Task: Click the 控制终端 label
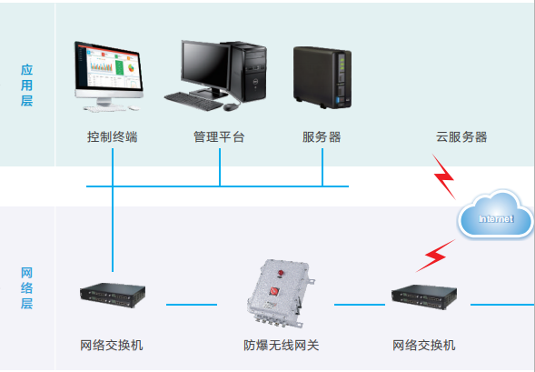tap(113, 137)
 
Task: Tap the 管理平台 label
tap(219, 137)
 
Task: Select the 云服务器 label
tap(461, 137)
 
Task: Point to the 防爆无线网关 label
tap(282, 346)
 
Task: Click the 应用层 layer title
tap(26, 85)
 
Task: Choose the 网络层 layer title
tap(26, 288)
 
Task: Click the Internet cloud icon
tap(495, 215)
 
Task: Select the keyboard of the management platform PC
tap(193, 101)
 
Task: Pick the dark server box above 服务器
tap(322, 77)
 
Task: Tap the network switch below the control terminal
tap(113, 295)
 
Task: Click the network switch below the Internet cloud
tap(424, 297)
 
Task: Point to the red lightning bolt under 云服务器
tap(443, 176)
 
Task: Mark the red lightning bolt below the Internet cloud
tap(435, 256)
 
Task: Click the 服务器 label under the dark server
tap(322, 137)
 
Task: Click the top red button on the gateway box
tap(281, 273)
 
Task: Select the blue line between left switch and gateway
tap(192, 305)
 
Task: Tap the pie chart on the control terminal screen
tap(131, 67)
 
